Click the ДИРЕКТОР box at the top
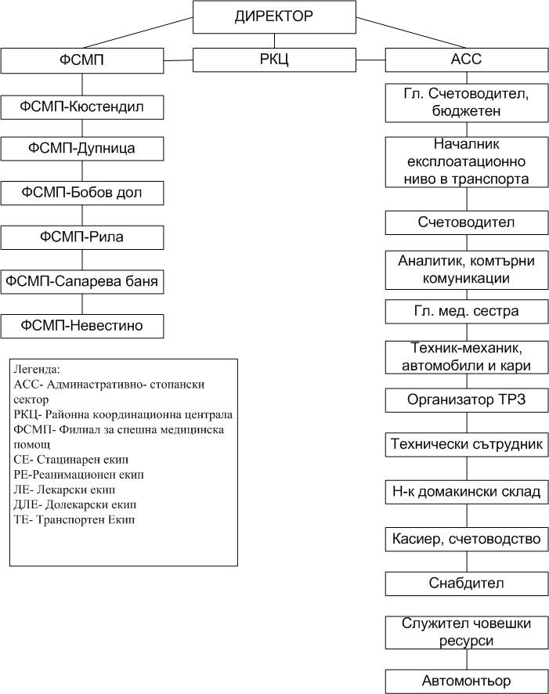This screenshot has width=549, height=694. click(274, 16)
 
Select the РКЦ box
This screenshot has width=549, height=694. click(274, 60)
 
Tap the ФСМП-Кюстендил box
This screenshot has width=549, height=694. click(82, 107)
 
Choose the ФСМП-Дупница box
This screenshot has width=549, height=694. click(82, 149)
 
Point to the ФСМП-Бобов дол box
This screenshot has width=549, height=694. click(82, 193)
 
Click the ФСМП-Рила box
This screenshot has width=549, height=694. click(82, 237)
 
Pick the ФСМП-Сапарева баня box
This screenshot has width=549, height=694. click(82, 281)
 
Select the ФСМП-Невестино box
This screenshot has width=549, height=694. click(82, 326)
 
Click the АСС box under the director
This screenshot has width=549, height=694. click(467, 60)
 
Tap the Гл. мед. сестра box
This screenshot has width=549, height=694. click(467, 312)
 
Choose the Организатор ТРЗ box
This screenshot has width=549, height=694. click(467, 400)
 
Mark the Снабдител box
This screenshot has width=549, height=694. click(467, 584)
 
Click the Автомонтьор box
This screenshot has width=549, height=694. click(467, 681)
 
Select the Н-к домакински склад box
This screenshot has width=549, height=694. click(467, 492)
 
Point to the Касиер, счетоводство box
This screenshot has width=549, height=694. click(467, 539)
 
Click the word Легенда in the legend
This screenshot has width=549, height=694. click(36, 369)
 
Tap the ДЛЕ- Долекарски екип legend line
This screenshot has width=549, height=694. click(74, 504)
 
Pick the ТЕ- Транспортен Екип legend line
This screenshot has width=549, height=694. click(74, 519)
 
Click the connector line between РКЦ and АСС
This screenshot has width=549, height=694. click(370, 60)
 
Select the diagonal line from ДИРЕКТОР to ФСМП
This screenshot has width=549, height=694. click(138, 32)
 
